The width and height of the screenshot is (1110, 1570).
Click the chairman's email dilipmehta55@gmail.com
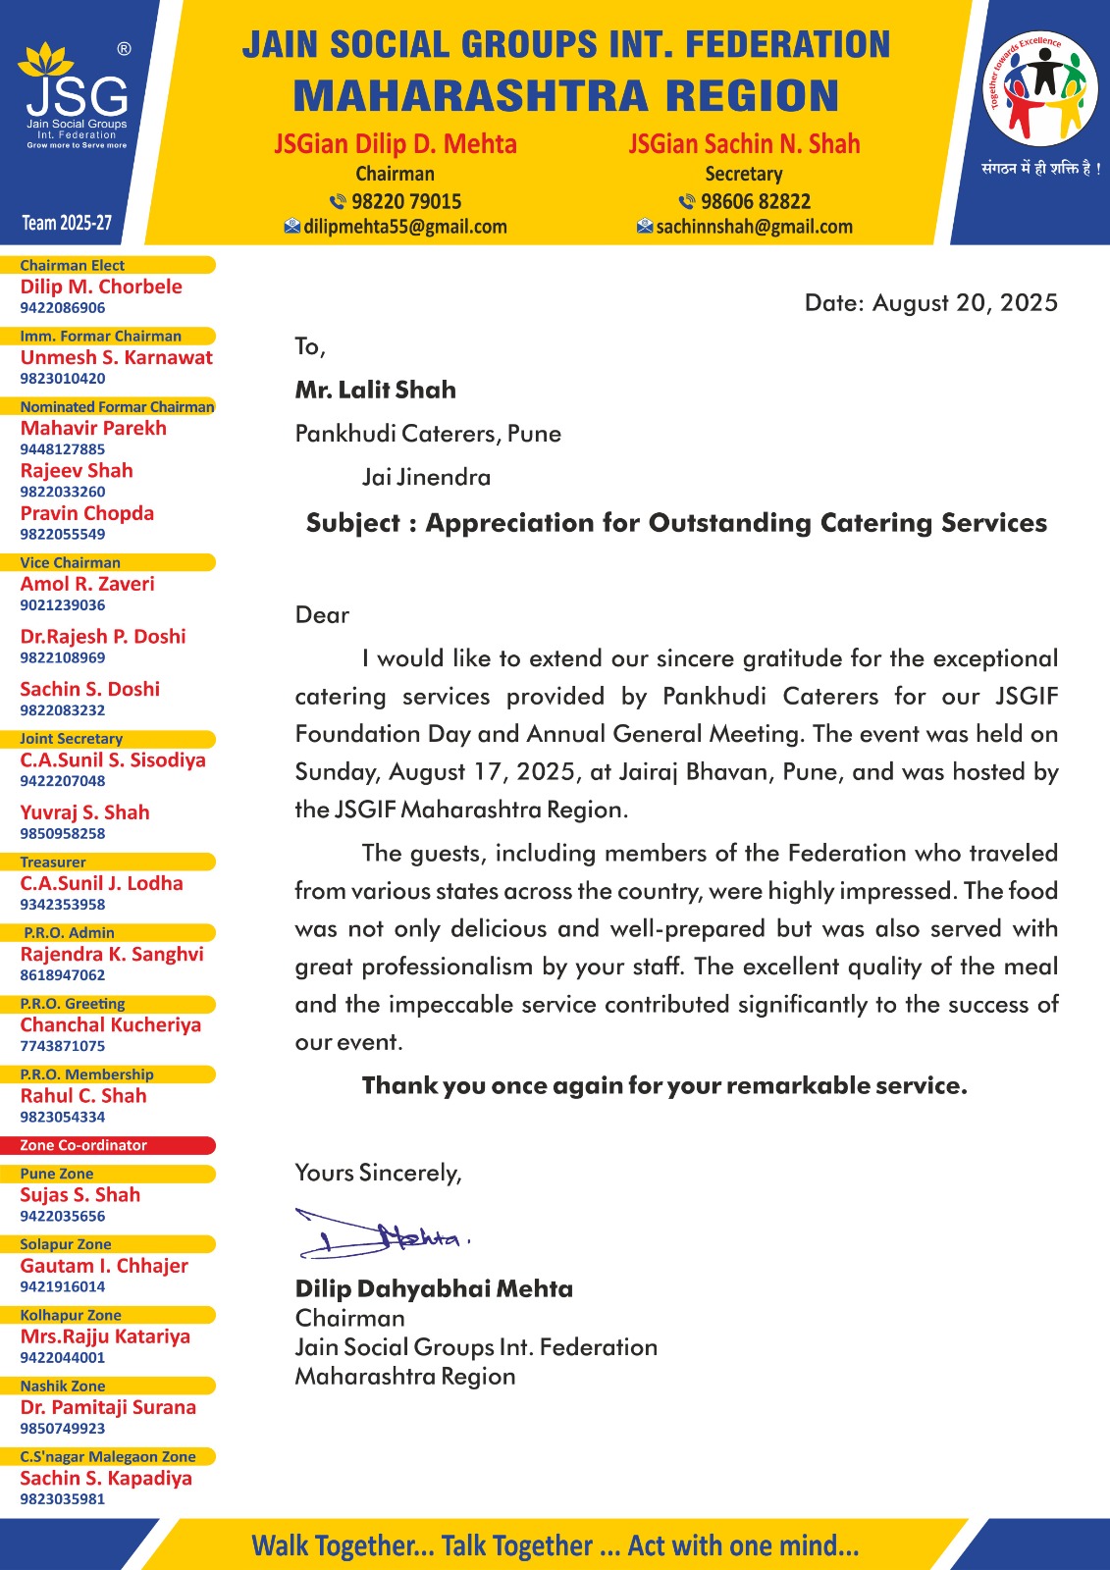pos(396,227)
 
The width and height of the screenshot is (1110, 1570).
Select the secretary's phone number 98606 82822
pos(745,201)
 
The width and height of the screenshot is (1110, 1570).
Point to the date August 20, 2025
pos(930,302)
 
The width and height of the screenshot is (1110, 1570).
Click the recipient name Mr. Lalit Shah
pos(375,390)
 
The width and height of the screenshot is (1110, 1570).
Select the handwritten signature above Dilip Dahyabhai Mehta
pos(383,1234)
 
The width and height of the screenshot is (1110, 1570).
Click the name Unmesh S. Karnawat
pos(116,357)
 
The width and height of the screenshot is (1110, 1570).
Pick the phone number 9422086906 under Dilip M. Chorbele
pos(63,308)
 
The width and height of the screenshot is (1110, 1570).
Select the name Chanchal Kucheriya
pos(110,1024)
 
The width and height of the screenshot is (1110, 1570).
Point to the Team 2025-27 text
pos(67,223)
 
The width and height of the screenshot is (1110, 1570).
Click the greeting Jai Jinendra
pos(426,477)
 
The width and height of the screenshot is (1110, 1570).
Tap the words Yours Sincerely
pos(378,1173)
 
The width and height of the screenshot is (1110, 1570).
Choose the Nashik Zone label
pos(63,1386)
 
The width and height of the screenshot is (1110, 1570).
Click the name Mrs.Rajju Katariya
pos(105,1336)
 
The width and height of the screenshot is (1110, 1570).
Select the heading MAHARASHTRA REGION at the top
pos(565,96)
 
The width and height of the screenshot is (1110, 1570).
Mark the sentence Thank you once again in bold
pos(663,1085)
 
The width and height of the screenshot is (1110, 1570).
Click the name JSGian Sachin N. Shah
pos(744,144)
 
